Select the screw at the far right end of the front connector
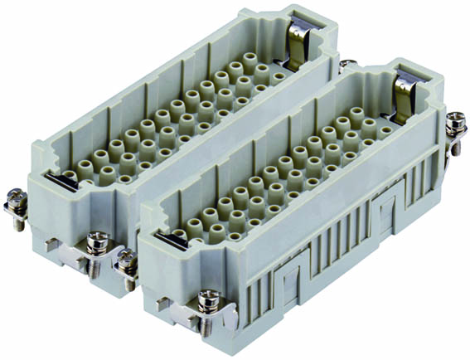(x=454, y=124)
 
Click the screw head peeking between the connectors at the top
(x=347, y=66)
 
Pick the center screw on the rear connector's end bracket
(x=98, y=243)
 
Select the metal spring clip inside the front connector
(x=405, y=95)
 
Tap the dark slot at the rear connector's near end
(x=57, y=176)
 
